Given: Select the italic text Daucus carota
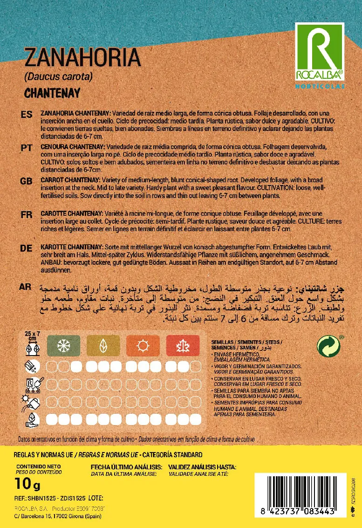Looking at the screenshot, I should (58, 76).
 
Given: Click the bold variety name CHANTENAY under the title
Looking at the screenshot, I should (52, 93).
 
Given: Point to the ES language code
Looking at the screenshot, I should (27, 115).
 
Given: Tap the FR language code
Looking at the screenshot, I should (27, 215).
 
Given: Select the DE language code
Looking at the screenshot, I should (27, 248).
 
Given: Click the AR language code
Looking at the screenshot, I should (27, 286).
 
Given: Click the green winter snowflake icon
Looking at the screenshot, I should (63, 346).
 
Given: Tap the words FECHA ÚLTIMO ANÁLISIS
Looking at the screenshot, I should (126, 467).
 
